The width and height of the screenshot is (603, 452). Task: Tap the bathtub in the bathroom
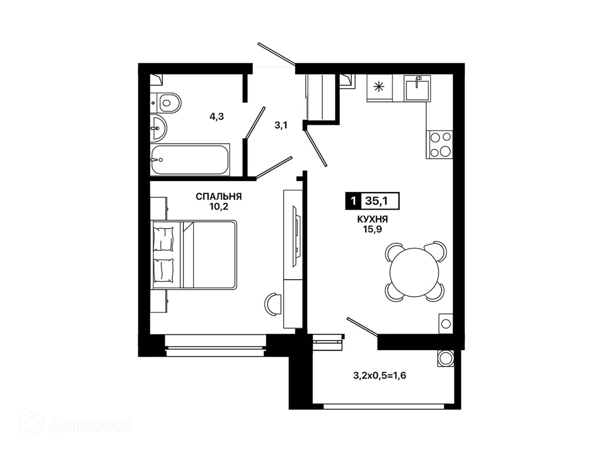(190, 159)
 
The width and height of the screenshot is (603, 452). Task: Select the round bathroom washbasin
(158, 128)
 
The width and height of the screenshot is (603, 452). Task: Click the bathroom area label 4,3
(216, 117)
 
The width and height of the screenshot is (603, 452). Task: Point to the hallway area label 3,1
(281, 126)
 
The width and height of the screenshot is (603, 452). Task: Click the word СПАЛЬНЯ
(219, 197)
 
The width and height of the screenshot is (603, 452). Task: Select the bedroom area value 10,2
(219, 207)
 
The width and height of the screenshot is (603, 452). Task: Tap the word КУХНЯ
(372, 219)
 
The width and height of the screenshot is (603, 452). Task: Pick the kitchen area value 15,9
(373, 229)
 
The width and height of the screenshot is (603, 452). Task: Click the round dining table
(414, 272)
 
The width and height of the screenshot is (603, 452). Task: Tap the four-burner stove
(439, 145)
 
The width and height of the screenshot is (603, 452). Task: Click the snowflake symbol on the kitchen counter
(379, 87)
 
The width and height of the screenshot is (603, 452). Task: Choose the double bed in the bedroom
(193, 255)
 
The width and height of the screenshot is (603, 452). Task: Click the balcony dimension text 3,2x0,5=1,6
(379, 375)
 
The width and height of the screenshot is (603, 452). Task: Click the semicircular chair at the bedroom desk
(273, 304)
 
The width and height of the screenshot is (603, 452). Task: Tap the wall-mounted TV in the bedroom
(297, 236)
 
